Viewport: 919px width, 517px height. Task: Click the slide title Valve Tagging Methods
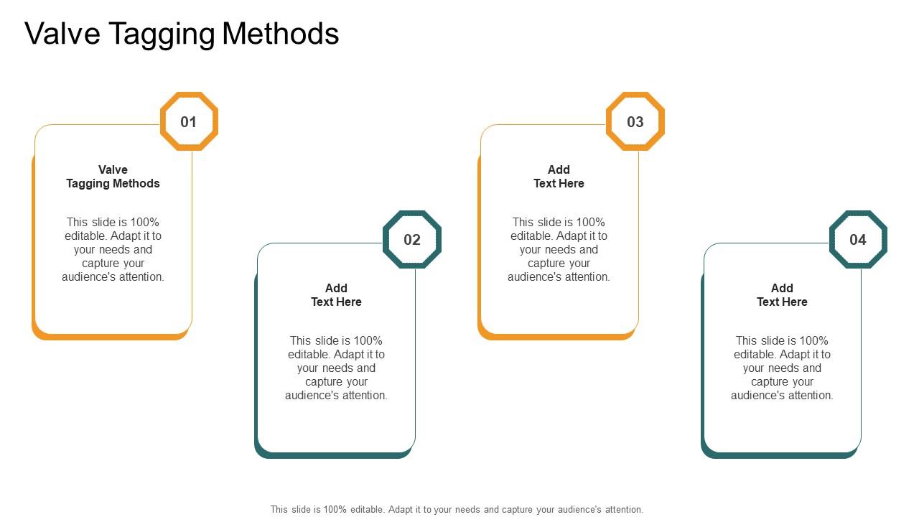pos(182,34)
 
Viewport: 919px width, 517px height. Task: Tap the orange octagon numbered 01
pos(189,121)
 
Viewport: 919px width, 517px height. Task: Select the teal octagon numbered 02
pos(412,240)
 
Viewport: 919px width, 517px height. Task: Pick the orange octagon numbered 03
pos(635,121)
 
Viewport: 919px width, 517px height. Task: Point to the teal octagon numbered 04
pos(858,240)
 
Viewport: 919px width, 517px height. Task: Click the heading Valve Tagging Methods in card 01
pos(113,177)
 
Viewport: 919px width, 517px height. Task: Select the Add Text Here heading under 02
pos(336,295)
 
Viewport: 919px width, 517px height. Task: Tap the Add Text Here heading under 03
pos(559,177)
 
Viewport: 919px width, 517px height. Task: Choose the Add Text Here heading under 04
pos(782,295)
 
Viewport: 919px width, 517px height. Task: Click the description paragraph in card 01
pos(113,249)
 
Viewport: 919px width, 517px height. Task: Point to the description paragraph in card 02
pos(336,368)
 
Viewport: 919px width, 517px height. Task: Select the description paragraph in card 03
pos(559,249)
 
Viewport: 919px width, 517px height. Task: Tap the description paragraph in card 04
pos(782,368)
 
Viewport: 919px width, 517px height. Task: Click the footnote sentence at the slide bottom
pos(457,509)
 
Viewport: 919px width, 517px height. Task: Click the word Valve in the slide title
pos(62,34)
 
